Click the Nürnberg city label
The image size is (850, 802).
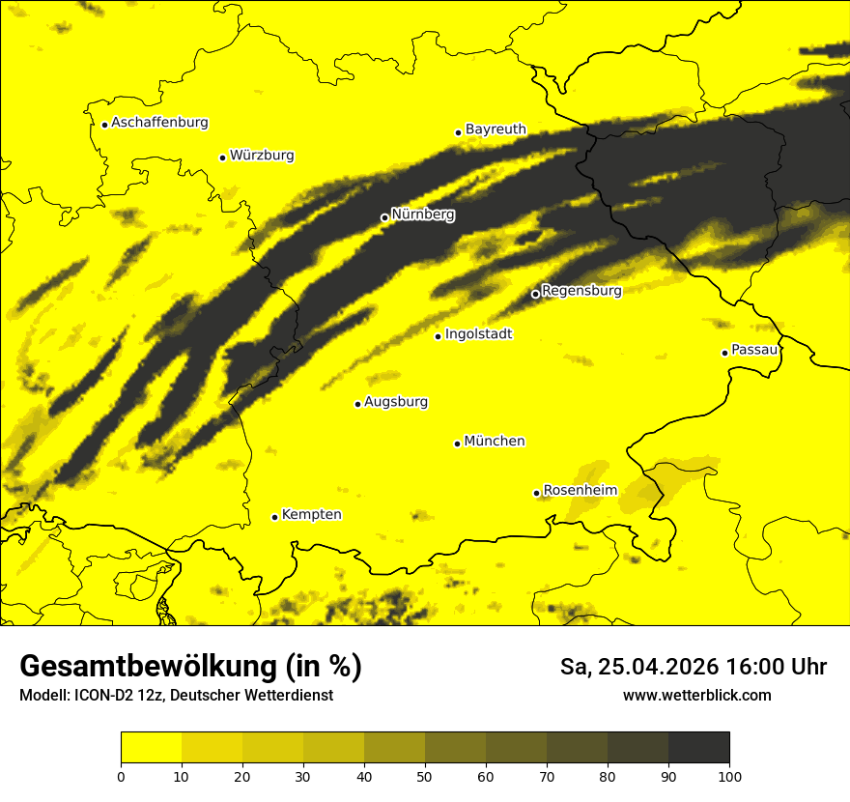(x=422, y=215)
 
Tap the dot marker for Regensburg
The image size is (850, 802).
(x=535, y=294)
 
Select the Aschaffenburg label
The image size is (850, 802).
(x=159, y=123)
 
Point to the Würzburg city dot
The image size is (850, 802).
(x=222, y=158)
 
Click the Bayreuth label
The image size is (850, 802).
(x=496, y=129)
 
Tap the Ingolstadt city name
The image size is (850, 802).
(x=478, y=334)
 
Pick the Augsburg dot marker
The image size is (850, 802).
(x=357, y=404)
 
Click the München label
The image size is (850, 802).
(x=494, y=442)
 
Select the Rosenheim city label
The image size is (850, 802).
(x=580, y=491)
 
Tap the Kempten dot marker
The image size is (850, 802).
(x=274, y=517)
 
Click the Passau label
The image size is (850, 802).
(x=754, y=350)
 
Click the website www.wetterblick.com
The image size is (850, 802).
(x=696, y=695)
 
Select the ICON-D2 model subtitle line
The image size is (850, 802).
(x=176, y=695)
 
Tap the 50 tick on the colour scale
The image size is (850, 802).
(x=425, y=776)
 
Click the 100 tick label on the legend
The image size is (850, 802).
(x=729, y=776)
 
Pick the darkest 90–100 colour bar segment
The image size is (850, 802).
(x=698, y=748)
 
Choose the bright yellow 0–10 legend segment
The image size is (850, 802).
(x=151, y=748)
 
